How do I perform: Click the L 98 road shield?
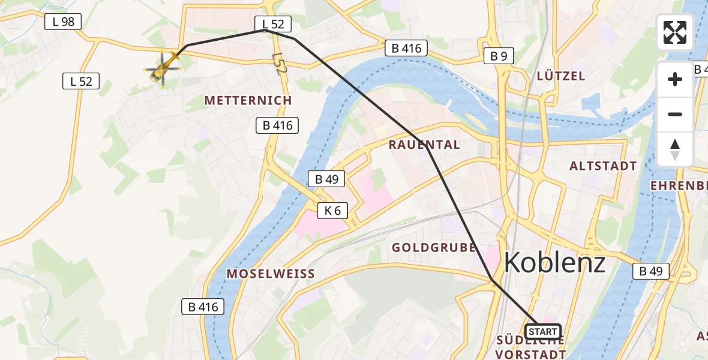point(63,22)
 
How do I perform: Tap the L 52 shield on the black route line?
point(273,24)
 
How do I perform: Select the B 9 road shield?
point(498,56)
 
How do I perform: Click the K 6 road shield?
point(332,211)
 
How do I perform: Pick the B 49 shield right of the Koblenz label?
point(650,271)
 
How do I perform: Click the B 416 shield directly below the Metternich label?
point(277,125)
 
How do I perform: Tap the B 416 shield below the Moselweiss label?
point(203,307)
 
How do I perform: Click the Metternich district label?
point(248,100)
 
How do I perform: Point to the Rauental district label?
point(424,145)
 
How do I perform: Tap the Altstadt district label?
point(603,166)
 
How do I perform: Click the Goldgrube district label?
point(434,247)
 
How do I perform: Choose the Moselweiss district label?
point(271,274)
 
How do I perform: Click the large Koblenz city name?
point(554,262)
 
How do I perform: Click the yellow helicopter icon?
point(163,70)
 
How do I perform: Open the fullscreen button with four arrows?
point(675,32)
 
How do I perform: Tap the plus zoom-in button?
point(675,79)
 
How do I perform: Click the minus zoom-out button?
point(675,114)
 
